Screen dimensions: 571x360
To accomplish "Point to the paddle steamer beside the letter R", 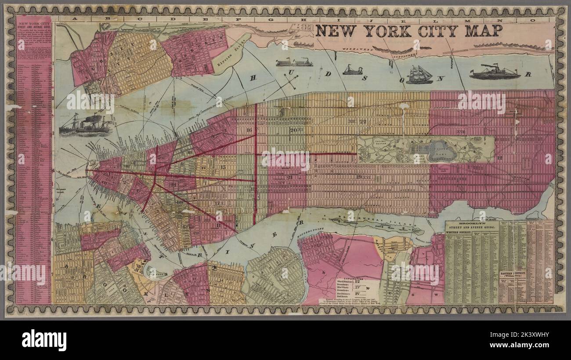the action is click(x=494, y=72).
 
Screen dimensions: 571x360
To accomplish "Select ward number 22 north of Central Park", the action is click(x=362, y=122).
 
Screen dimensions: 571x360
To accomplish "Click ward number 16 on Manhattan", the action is click(x=249, y=130).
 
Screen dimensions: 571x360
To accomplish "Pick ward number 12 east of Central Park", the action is click(x=499, y=157).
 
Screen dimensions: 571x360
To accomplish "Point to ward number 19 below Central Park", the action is click(x=359, y=176).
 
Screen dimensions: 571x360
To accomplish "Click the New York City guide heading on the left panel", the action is click(x=33, y=22).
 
